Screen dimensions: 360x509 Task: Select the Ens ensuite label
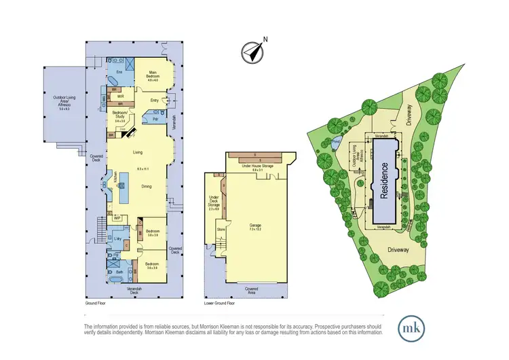point(119,72)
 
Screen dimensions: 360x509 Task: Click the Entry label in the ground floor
point(154,101)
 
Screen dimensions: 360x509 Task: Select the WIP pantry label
point(117,218)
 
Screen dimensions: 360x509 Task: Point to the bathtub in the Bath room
point(119,279)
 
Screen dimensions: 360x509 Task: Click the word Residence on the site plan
point(383,178)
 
